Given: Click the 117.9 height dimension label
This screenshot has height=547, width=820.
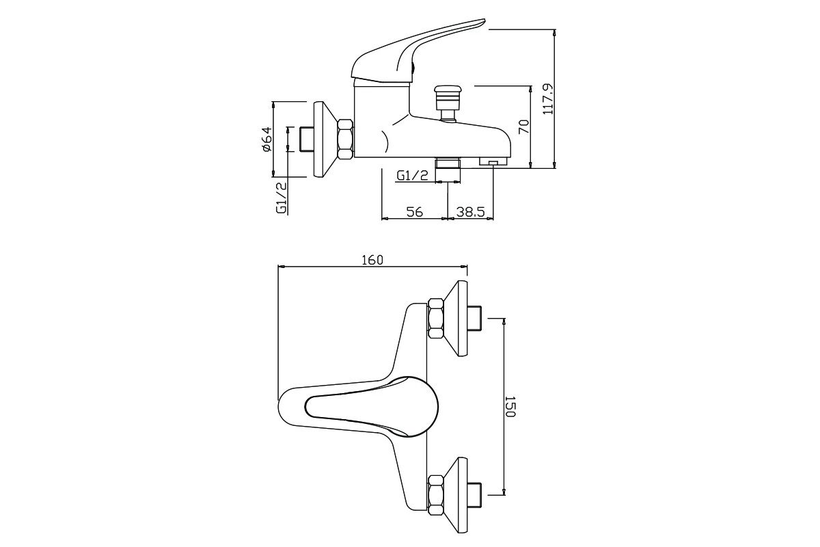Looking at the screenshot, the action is [x=548, y=99].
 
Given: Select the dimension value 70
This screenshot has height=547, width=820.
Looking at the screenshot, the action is [x=524, y=126].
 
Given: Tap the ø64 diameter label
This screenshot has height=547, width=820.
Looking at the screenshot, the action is [x=267, y=139].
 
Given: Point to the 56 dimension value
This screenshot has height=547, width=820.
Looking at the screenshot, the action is [x=414, y=212].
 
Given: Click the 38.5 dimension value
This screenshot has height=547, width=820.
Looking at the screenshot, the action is [x=470, y=212].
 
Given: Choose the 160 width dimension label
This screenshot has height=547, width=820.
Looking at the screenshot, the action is [x=372, y=260].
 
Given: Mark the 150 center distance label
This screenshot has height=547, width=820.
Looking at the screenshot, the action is [x=510, y=406].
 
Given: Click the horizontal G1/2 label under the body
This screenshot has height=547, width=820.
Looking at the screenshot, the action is [x=413, y=176].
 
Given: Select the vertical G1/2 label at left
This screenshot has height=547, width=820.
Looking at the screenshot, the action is [x=281, y=198].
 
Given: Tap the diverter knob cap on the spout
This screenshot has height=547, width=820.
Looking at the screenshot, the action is [x=447, y=90].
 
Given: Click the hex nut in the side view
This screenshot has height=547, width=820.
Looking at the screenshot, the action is [x=345, y=139].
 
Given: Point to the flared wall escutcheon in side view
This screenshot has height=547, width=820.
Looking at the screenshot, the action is [x=325, y=139].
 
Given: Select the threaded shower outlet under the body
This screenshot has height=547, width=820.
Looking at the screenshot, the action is [x=448, y=163].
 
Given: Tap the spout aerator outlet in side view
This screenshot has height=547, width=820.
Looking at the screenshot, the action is [x=493, y=161].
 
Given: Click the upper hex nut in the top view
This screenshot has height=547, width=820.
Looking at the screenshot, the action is [x=436, y=318].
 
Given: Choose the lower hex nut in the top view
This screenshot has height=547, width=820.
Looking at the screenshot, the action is [x=436, y=495].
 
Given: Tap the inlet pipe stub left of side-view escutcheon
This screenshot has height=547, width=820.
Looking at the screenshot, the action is [x=307, y=139].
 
